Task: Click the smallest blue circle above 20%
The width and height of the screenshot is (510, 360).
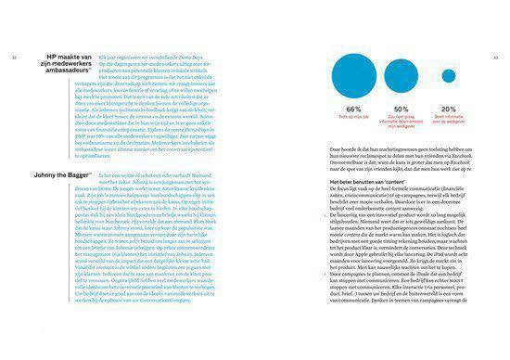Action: point(449,76)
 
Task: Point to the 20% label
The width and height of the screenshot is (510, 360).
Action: point(449,110)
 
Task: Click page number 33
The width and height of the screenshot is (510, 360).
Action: point(495,55)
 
